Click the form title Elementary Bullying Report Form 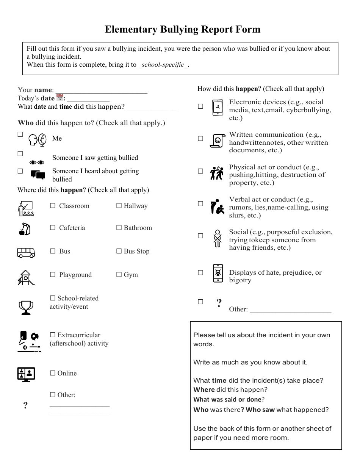(183, 30)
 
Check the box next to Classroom (53, 206)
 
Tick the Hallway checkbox (119, 206)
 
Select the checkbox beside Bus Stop (119, 251)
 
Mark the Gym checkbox (119, 275)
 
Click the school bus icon (26, 252)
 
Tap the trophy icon (26, 307)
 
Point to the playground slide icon (26, 277)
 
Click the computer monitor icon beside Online (26, 374)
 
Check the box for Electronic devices (200, 106)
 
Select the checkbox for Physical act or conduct (200, 171)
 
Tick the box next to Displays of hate (200, 272)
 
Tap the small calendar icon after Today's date (59, 98)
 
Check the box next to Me (20, 134)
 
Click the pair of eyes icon (37, 162)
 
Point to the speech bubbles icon (38, 175)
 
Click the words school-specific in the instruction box (163, 65)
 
